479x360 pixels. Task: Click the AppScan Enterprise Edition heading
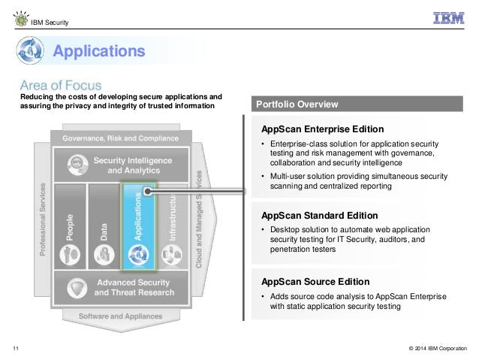pyautogui.click(x=322, y=129)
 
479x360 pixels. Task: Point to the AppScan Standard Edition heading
pyautogui.click(x=320, y=216)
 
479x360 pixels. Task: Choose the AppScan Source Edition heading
pyautogui.click(x=315, y=282)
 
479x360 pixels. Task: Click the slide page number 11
pyautogui.click(x=16, y=348)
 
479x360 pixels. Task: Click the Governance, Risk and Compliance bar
pyautogui.click(x=120, y=138)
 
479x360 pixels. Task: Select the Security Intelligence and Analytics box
pyautogui.click(x=120, y=165)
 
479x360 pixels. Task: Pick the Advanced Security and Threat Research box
pyautogui.click(x=120, y=287)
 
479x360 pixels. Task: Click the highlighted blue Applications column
pyautogui.click(x=137, y=225)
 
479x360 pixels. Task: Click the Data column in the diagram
pyautogui.click(x=104, y=225)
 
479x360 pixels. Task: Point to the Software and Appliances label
pyautogui.click(x=120, y=316)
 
